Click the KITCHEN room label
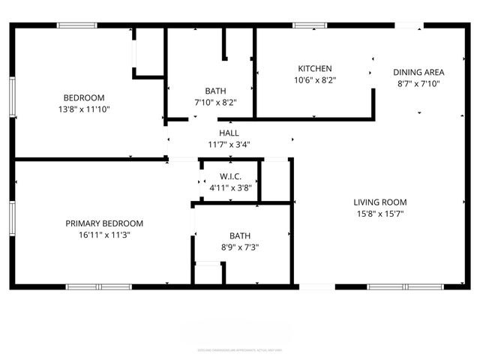tap(314, 68)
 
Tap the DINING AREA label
tap(418, 73)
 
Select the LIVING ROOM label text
tap(380, 202)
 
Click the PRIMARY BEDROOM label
tap(104, 223)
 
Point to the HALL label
tap(229, 133)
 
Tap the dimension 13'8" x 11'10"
tap(94, 109)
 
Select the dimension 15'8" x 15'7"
tap(380, 214)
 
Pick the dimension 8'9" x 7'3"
tap(240, 247)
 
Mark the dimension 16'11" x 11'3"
tap(104, 235)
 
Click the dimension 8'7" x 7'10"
tap(418, 84)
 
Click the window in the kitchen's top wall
tap(304, 25)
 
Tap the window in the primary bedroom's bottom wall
tap(99, 286)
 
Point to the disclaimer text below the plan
tap(240, 349)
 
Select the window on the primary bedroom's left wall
tap(12, 218)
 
